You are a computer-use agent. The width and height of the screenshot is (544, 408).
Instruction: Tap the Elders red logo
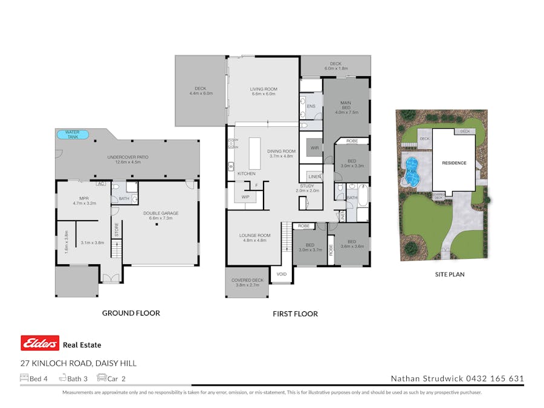pyautogui.click(x=40, y=343)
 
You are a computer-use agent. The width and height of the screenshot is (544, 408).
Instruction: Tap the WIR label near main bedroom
pyautogui.click(x=314, y=147)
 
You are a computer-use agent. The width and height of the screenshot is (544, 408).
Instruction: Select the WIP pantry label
pyautogui.click(x=245, y=197)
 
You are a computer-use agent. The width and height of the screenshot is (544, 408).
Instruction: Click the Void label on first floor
pyautogui.click(x=281, y=274)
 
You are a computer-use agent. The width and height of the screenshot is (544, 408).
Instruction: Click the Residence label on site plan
pyautogui.click(x=454, y=163)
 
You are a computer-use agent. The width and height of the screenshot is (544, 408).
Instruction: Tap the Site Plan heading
pyautogui.click(x=450, y=274)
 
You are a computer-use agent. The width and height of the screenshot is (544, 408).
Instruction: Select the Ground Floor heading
pyautogui.click(x=131, y=313)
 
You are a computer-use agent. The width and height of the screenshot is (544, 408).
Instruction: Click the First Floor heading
pyautogui.click(x=296, y=314)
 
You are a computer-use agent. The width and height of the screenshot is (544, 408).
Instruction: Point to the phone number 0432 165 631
pyautogui.click(x=494, y=379)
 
